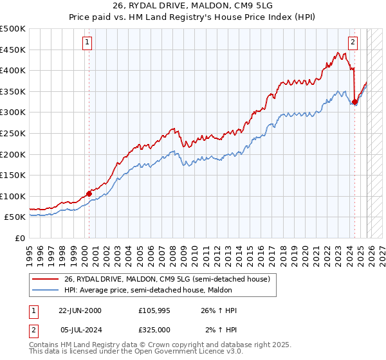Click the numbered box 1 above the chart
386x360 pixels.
pyautogui.click(x=87, y=43)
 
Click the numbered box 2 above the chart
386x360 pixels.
pyautogui.click(x=353, y=43)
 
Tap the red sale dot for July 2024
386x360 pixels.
pyautogui.click(x=354, y=102)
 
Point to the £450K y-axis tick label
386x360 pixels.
pyautogui.click(x=13, y=50)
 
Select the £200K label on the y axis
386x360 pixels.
pyautogui.click(x=13, y=154)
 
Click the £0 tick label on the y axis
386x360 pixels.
pyautogui.click(x=19, y=238)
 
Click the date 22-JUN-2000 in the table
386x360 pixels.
pyautogui.click(x=80, y=310)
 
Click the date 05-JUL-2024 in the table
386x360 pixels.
pyautogui.click(x=80, y=330)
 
